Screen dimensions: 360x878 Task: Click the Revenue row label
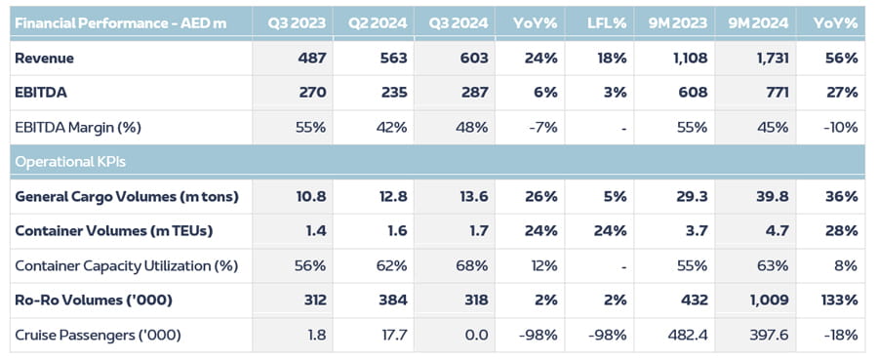click(45, 59)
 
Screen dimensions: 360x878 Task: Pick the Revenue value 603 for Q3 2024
click(464, 59)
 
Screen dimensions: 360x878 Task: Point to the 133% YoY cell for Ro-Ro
click(839, 300)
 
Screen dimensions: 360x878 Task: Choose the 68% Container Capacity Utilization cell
click(466, 265)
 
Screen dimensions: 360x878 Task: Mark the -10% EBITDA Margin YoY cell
click(840, 127)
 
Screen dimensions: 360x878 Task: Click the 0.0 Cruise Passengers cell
click(468, 335)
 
